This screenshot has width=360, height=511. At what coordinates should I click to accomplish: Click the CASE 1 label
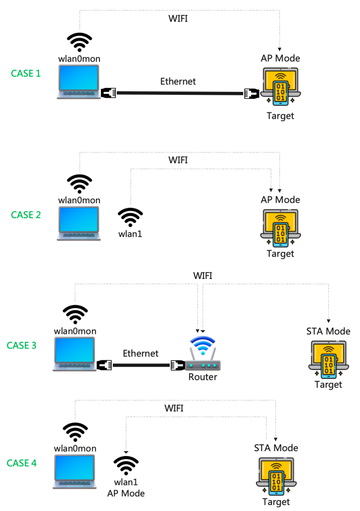pyautogui.click(x=25, y=73)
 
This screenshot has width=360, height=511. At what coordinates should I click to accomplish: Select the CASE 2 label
pyautogui.click(x=25, y=215)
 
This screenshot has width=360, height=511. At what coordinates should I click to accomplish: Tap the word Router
pyautogui.click(x=203, y=377)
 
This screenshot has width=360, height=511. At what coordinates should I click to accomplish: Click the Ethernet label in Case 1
pyautogui.click(x=178, y=81)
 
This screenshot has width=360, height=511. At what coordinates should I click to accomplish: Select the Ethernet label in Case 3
pyautogui.click(x=140, y=353)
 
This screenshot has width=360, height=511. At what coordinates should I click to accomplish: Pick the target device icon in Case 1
pyautogui.click(x=280, y=86)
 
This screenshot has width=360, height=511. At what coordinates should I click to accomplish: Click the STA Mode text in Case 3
pyautogui.click(x=328, y=331)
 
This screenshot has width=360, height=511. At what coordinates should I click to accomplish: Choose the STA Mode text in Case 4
pyautogui.click(x=276, y=448)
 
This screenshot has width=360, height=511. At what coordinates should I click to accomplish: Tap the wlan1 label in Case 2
pyautogui.click(x=130, y=233)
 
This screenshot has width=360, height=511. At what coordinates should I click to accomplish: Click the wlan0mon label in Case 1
pyautogui.click(x=79, y=59)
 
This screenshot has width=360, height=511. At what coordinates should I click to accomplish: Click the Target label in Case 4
pyautogui.click(x=276, y=502)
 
